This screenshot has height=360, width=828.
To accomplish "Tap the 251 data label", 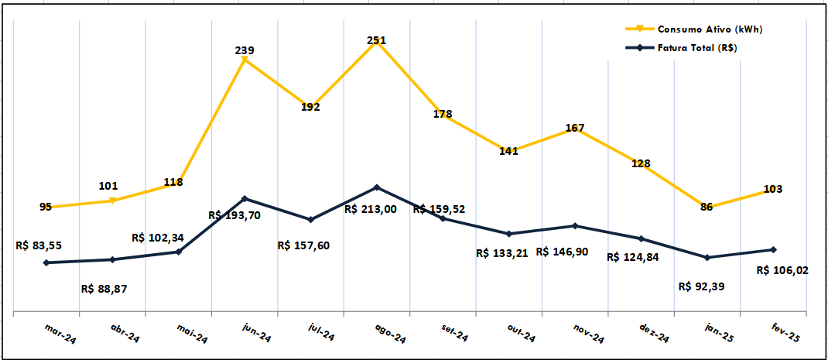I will [x=377, y=40].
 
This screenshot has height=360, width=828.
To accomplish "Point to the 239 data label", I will [x=245, y=50].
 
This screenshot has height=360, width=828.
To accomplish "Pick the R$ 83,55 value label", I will [x=39, y=245].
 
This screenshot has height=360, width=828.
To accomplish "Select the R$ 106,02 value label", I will [x=782, y=270].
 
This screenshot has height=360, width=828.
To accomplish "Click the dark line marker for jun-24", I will [x=245, y=199].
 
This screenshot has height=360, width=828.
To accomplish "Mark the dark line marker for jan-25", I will [x=707, y=257].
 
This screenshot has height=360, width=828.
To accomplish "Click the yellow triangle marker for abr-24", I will [x=113, y=201].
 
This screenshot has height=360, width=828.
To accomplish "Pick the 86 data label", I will [x=707, y=207].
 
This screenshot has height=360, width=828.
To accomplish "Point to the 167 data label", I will [x=574, y=128].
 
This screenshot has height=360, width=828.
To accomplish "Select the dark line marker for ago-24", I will [x=377, y=187].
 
